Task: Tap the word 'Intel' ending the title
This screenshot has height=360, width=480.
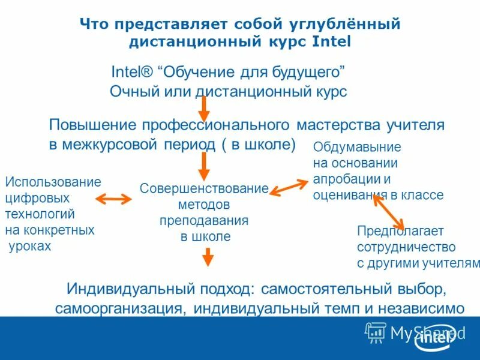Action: [331, 43]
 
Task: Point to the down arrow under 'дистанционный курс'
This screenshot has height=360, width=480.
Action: [204, 108]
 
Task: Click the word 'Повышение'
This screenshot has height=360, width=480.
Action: [92, 125]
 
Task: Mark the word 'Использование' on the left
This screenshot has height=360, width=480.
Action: [53, 182]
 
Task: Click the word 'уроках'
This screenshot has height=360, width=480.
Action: [30, 246]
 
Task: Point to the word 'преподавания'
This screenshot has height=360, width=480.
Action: [204, 220]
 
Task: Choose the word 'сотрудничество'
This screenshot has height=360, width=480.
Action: [406, 247]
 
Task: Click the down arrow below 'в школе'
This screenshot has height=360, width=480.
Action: [207, 257]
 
